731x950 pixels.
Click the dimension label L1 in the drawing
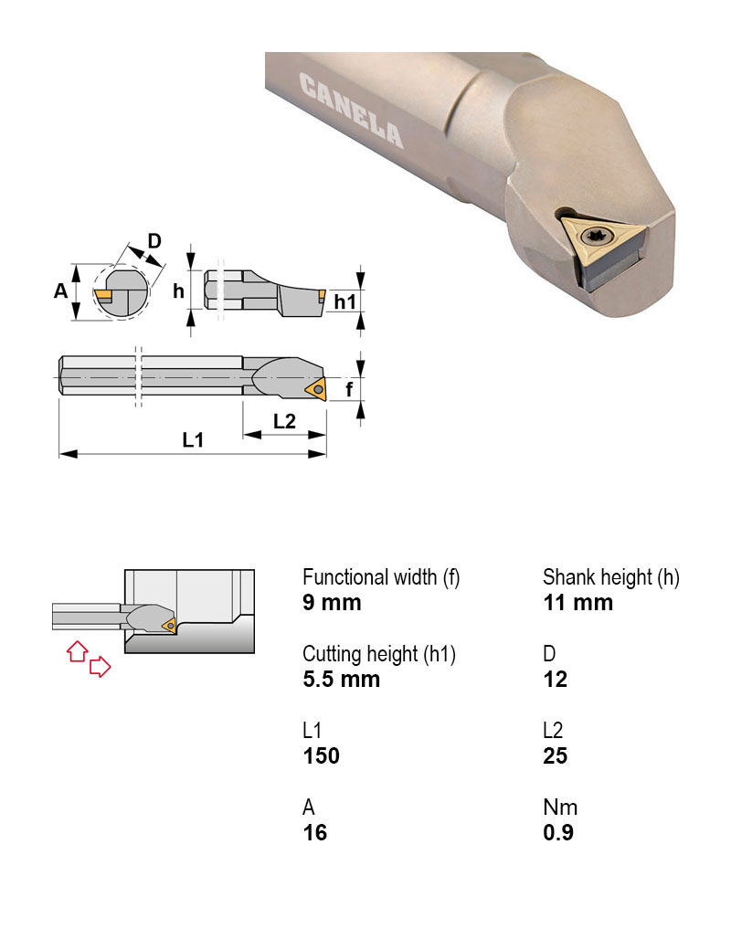(192, 440)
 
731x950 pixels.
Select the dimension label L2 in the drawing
(284, 422)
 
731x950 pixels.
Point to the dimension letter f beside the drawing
(349, 390)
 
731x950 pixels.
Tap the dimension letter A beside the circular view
(60, 291)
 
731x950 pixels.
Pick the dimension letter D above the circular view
(154, 241)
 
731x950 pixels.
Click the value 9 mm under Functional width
(332, 603)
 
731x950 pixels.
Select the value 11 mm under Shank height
(577, 603)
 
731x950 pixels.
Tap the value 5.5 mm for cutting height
(341, 680)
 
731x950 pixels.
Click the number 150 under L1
(321, 756)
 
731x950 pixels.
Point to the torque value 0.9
(557, 833)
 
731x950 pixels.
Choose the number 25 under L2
(555, 756)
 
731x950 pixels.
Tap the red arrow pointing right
(100, 668)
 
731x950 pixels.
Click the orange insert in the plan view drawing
(315, 390)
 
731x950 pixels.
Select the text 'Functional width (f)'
(381, 577)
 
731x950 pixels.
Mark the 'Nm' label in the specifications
(560, 807)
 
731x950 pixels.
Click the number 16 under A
(314, 833)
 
